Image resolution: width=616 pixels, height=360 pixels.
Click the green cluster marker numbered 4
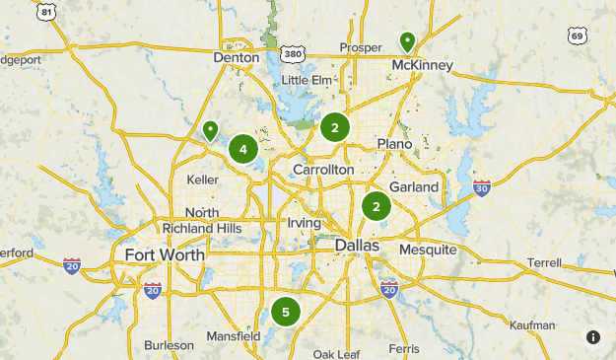tap(242, 150)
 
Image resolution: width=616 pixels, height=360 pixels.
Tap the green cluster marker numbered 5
tap(285, 313)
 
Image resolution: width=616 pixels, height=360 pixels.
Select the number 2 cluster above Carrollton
tap(335, 127)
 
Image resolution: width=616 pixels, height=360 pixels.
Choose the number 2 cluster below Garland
tap(376, 206)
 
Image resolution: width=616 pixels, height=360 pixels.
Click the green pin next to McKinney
tap(407, 41)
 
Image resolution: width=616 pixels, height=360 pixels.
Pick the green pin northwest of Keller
tap(209, 130)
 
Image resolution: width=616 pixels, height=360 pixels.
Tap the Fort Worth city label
tap(165, 254)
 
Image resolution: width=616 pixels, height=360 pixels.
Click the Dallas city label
tap(357, 245)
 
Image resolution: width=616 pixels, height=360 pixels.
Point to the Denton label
tap(237, 58)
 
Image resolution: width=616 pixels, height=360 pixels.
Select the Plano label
tap(394, 144)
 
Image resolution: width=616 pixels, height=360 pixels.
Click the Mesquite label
tap(428, 250)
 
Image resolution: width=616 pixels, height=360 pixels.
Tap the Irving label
tap(304, 223)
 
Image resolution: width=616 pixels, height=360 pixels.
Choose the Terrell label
tap(543, 263)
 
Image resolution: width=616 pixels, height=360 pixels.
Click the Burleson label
tap(169, 345)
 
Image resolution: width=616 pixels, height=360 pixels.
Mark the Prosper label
tap(360, 47)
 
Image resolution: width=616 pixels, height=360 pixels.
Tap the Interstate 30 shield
tap(481, 188)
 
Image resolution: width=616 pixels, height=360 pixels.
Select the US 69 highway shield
tap(578, 36)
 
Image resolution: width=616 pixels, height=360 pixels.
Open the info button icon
tap(593, 336)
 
